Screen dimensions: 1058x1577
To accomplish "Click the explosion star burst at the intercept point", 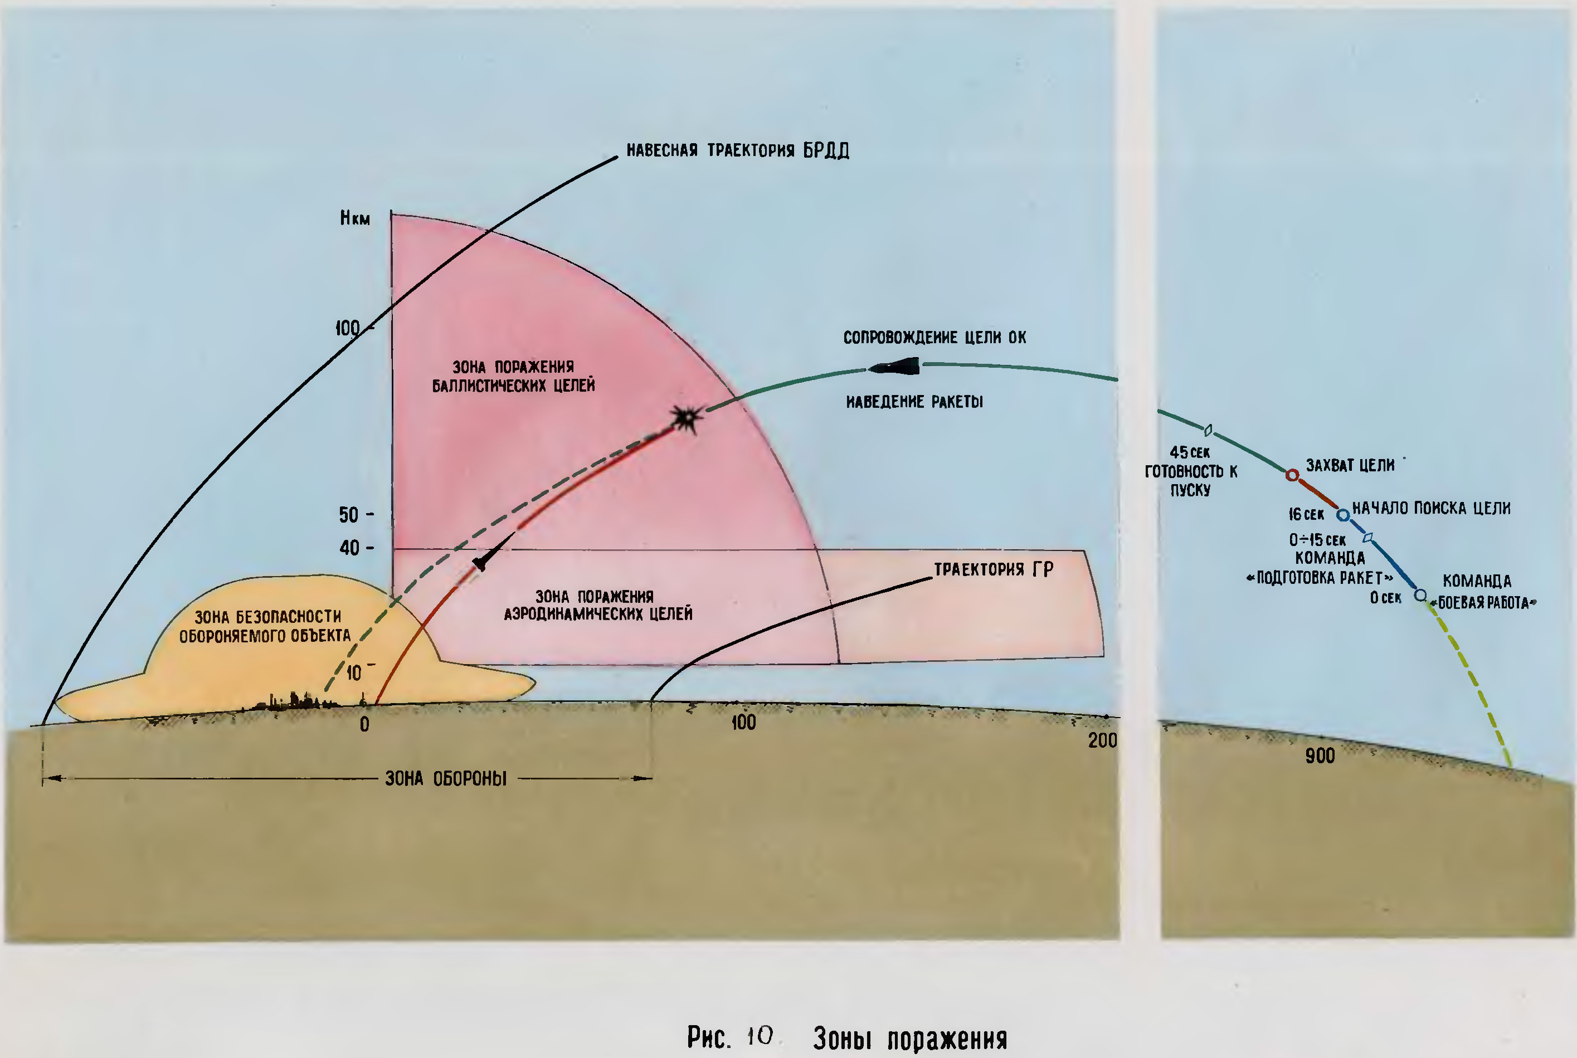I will pos(687,418).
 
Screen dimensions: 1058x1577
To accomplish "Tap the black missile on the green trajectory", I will pos(895,367).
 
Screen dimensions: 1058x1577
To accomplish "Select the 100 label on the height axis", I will pos(348,328).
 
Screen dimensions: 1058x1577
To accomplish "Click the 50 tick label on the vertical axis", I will pos(348,515).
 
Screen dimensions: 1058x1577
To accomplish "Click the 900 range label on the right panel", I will pos(1320,755).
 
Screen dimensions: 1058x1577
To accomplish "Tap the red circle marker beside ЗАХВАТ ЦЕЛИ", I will pos(1292,475).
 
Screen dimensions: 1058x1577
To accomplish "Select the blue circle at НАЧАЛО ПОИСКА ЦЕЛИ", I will pos(1344,515).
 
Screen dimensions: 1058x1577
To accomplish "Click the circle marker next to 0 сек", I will pos(1420,595).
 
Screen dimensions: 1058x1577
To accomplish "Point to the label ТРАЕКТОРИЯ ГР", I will pos(994,569).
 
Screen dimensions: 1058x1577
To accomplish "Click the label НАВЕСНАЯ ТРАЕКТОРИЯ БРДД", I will pos(738,150).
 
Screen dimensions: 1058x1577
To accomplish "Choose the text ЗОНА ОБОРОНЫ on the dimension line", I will pos(445,779).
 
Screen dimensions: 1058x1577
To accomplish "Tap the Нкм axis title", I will pos(355,218).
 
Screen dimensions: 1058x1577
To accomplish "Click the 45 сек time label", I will pos(1190,452).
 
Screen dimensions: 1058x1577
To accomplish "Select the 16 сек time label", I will pos(1306,514).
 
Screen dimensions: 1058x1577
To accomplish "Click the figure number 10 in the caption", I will pos(760,1036).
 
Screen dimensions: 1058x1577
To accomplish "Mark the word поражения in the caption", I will pos(947,1039).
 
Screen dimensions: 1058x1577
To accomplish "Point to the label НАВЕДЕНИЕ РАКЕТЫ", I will pos(914,402).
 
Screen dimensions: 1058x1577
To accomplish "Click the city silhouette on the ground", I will pos(294,702).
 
